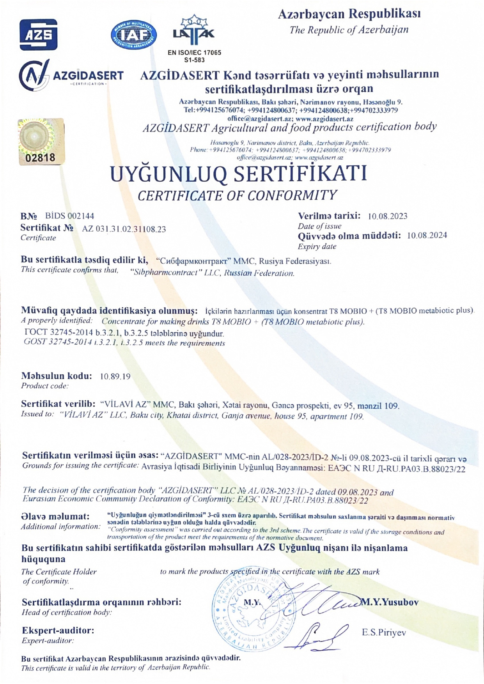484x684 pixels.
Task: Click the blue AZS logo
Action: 39,35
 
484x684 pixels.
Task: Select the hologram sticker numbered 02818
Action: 41,142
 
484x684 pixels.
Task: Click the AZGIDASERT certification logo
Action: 71,76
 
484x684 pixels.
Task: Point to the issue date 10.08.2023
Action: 388,216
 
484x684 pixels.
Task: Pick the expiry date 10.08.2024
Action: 427,236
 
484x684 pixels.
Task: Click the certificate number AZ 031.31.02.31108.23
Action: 124,229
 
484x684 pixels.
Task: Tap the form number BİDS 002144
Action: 69,216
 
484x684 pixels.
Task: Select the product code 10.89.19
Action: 115,377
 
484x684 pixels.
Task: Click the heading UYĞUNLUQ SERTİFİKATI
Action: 238,174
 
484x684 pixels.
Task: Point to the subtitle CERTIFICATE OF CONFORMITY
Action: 237,195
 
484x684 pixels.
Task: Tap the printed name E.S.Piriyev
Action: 384,633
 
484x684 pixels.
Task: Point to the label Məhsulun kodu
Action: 57,376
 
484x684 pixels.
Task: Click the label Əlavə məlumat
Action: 55,517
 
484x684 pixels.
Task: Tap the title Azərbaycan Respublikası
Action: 349,14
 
